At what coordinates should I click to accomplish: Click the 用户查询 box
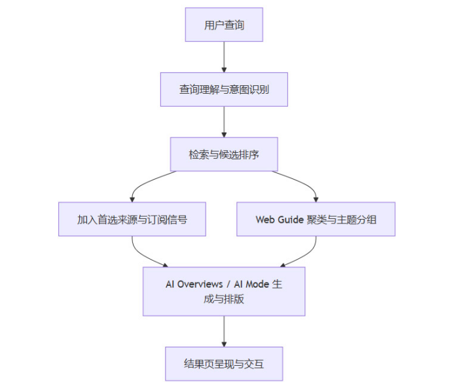224,25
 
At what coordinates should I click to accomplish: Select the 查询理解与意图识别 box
224,89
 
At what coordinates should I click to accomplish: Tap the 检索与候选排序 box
224,154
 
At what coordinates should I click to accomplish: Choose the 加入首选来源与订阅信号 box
132,219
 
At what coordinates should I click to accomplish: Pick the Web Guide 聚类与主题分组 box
316,219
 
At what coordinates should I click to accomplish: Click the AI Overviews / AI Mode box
224,291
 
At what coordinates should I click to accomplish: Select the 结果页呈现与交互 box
224,363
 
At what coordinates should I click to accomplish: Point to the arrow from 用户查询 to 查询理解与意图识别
224,57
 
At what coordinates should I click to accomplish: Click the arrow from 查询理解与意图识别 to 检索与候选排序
224,121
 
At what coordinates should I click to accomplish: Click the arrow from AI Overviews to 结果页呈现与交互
224,331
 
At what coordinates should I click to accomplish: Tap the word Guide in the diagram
290,220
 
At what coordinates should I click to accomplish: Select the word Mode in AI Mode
255,284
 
